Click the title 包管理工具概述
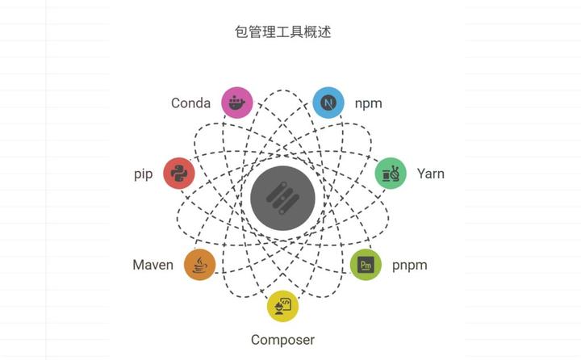tap(282, 32)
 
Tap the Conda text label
tap(190, 103)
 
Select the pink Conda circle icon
tap(237, 103)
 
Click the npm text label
tap(369, 103)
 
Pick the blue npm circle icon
tap(328, 103)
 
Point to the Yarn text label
tap(430, 174)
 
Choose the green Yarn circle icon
tap(391, 174)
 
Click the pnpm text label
tap(410, 265)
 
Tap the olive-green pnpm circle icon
tap(366, 265)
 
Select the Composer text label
tap(282, 340)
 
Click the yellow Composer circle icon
tap(282, 306)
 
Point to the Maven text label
tap(153, 265)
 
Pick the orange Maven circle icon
tap(200, 265)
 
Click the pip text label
tap(144, 174)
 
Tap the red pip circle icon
tap(179, 174)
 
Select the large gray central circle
tap(282, 199)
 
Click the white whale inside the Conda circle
tap(237, 103)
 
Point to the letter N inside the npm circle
tap(328, 103)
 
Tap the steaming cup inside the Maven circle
tap(200, 265)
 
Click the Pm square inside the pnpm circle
tap(366, 265)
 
